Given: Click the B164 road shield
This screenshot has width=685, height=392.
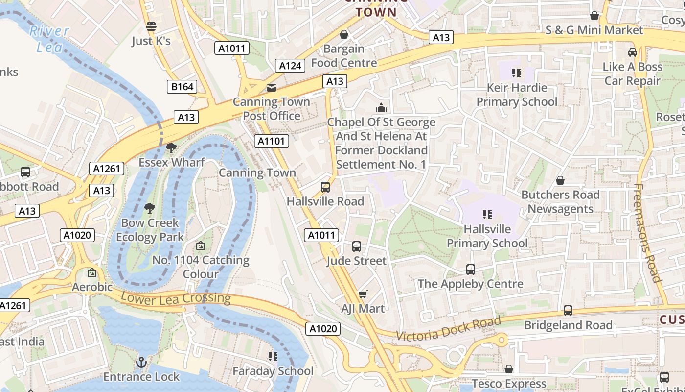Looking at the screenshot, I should coord(182,87).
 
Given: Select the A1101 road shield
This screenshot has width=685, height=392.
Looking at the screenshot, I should coord(272,141).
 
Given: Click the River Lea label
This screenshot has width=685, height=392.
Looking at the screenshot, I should coord(49,39).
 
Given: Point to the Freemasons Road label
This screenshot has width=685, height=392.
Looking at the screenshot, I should coord(648,233).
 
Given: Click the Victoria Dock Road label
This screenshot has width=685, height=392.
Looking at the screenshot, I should coord(448,329).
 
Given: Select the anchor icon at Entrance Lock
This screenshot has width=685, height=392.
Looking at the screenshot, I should coord(141,362).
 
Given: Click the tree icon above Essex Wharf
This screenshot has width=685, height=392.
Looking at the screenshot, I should coord(171,147).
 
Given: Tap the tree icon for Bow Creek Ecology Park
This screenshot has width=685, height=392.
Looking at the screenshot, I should coord(150,208).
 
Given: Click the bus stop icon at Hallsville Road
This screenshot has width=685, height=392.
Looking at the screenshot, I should coord(325,187).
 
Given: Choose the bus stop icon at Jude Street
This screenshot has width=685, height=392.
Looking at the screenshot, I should coord(357,246).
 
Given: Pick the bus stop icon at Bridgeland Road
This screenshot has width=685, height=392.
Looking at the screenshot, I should coord(568,310).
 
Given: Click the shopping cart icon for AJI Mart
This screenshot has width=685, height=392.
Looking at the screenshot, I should coord(363,294).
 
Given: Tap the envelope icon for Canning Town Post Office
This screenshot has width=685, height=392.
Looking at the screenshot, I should coord(271,88).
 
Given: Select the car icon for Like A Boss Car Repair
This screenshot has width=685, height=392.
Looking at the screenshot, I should coord(632,52).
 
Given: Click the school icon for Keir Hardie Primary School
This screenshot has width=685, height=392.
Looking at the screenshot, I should coord(516,73).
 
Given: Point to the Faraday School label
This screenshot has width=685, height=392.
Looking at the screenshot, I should coord(273,371).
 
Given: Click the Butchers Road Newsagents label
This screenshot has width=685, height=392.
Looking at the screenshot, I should coord(560,202).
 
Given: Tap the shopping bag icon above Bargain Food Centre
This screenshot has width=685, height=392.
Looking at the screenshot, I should coord(344,34).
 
